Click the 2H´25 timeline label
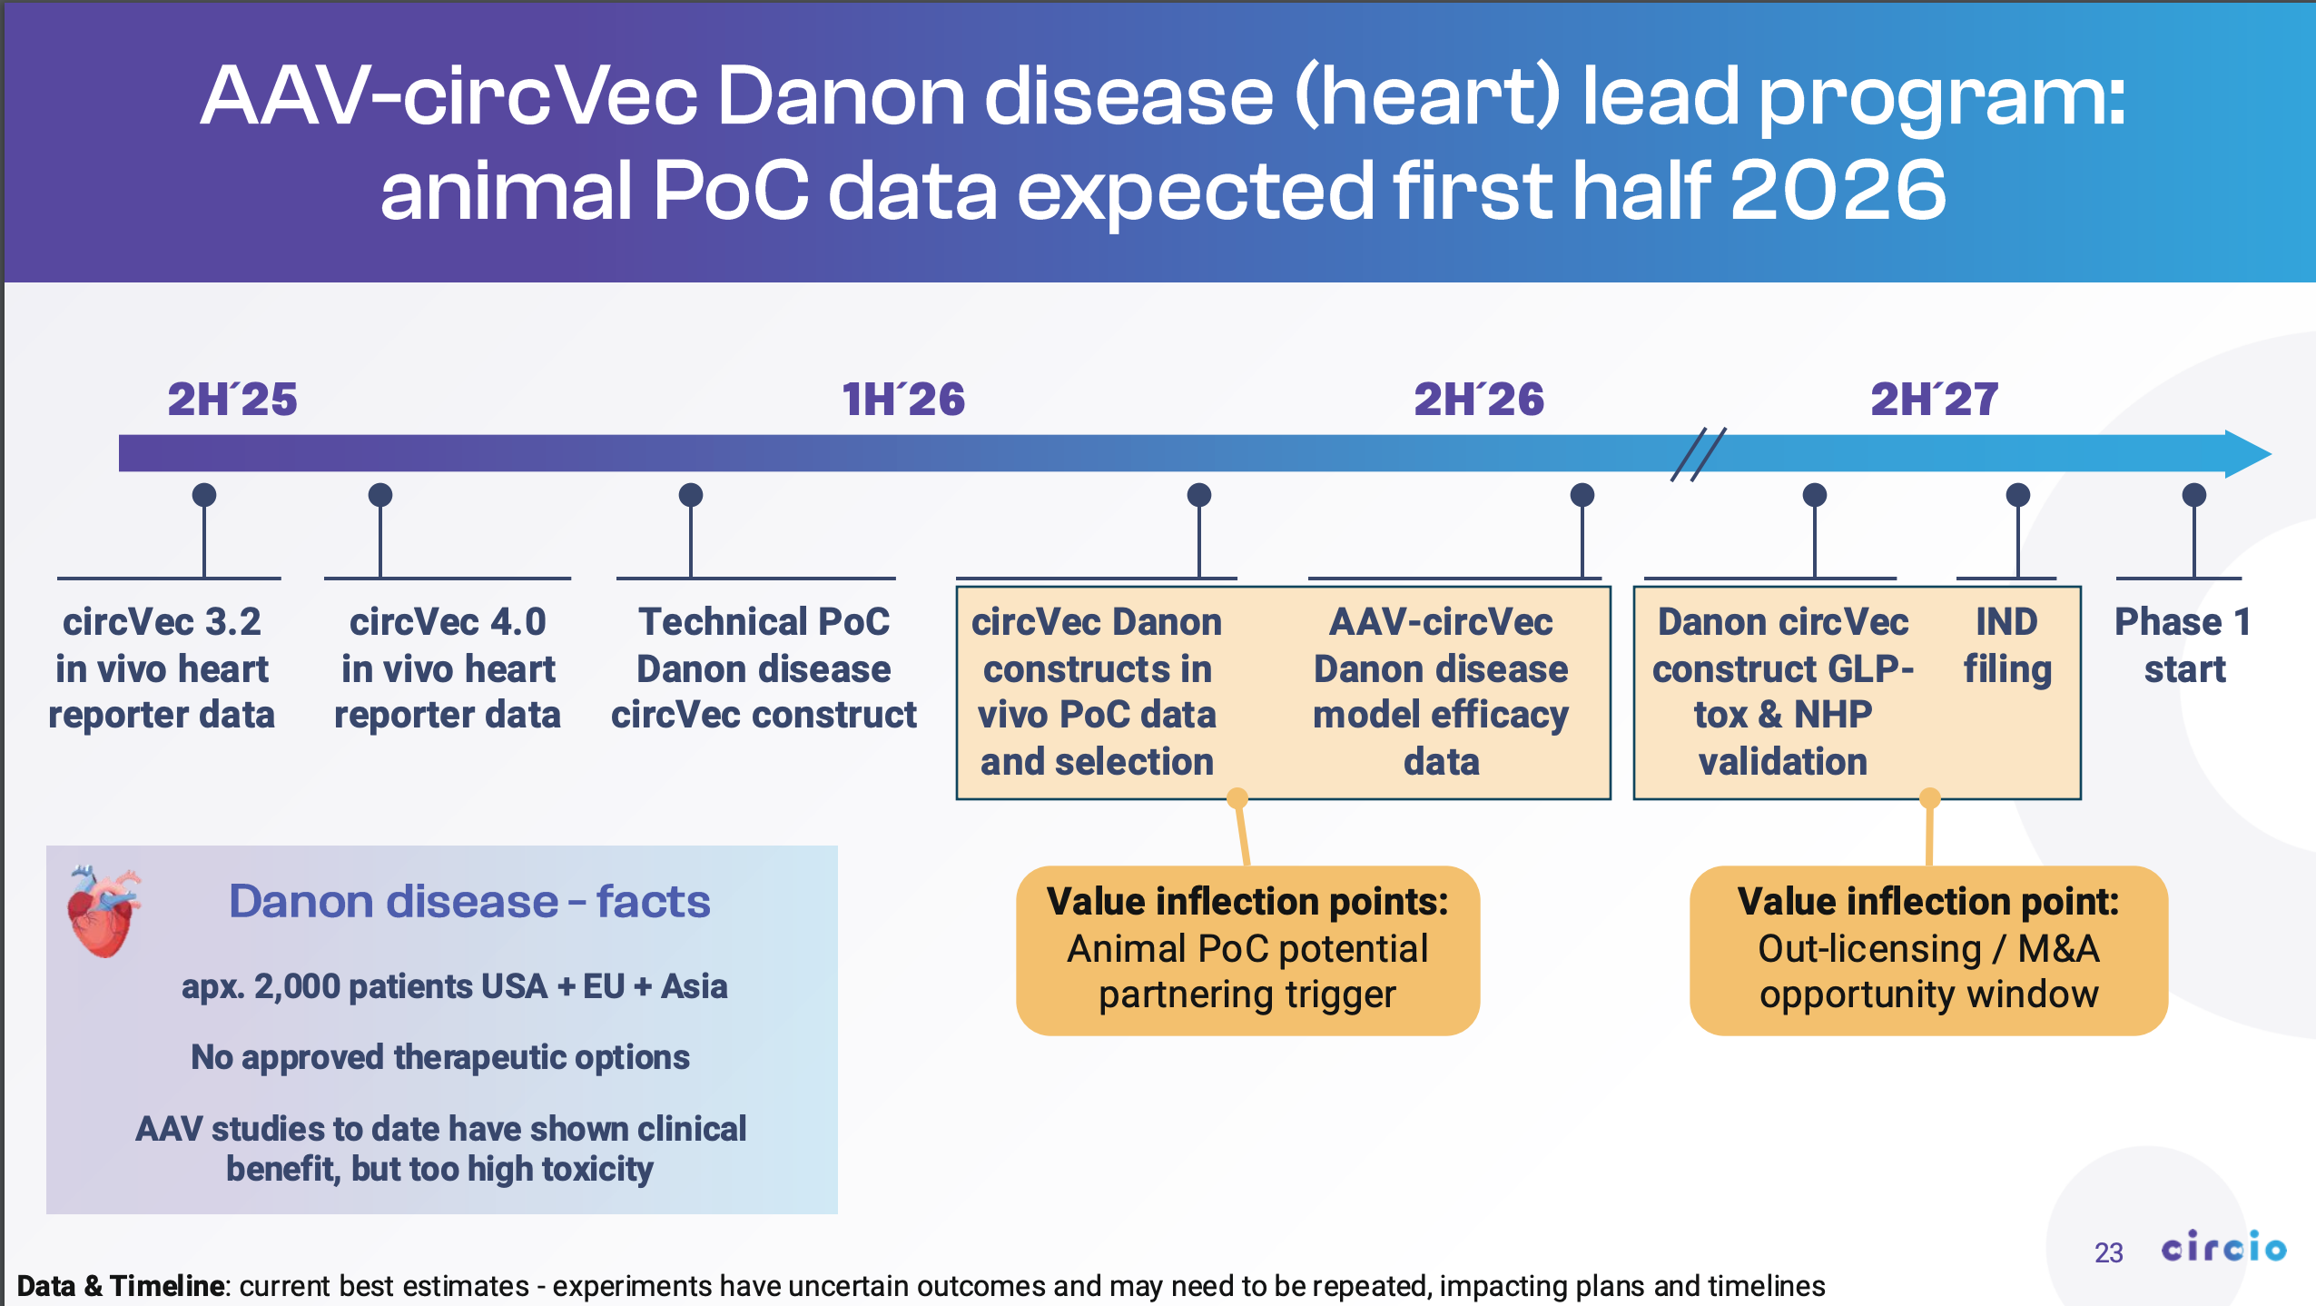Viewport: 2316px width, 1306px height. (232, 400)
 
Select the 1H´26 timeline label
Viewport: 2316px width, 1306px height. (903, 400)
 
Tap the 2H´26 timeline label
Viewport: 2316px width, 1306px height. (1479, 400)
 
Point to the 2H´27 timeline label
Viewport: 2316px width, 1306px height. (1934, 400)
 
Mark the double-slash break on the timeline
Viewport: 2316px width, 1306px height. (1698, 453)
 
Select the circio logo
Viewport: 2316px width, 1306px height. (2223, 1247)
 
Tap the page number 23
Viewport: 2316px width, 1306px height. (2108, 1253)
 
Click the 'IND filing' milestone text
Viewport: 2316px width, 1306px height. (2007, 646)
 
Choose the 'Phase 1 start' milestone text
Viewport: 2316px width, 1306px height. (2183, 646)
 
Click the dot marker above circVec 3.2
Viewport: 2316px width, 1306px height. (204, 495)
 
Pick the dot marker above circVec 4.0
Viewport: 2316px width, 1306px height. (380, 495)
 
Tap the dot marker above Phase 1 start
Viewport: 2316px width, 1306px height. (2194, 495)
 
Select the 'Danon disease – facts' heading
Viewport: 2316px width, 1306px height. (468, 901)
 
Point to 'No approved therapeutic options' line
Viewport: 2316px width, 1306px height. (440, 1057)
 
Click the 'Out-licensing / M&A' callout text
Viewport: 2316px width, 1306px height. (1928, 948)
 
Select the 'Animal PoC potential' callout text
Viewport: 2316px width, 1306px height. (1247, 948)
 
